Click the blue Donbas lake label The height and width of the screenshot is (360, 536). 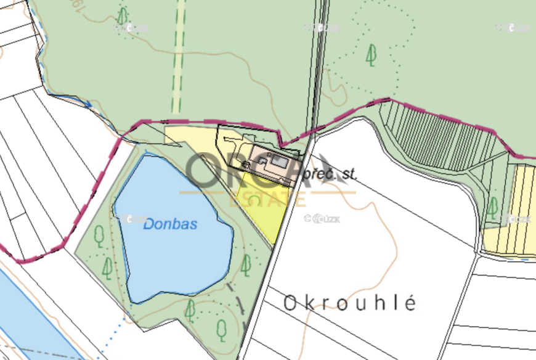coord(170,224)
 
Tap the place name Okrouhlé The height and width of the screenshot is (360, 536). coord(350,303)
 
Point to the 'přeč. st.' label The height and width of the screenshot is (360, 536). coord(330,175)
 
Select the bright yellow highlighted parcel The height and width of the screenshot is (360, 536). coord(263,207)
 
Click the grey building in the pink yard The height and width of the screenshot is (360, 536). coord(279,162)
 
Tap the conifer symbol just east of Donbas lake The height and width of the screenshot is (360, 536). coord(246,265)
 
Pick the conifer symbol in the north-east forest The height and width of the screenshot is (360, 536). coord(371,55)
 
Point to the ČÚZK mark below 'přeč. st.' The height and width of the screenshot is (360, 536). coord(323,218)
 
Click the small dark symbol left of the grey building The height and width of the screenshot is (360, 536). coord(247,164)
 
